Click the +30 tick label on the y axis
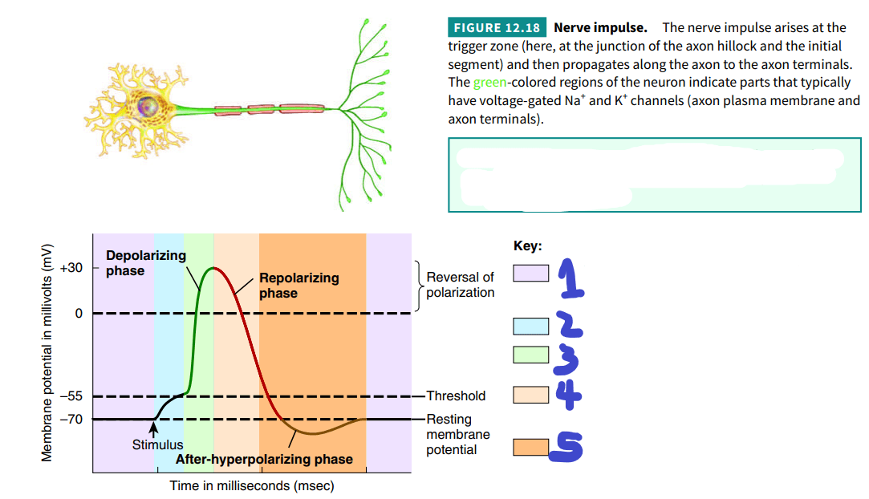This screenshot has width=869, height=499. (71, 268)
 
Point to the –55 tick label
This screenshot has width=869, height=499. (71, 396)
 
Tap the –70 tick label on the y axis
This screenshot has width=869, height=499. (71, 420)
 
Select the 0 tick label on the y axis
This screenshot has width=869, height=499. (79, 314)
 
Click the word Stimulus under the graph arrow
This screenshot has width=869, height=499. (157, 444)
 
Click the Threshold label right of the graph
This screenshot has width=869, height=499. (456, 396)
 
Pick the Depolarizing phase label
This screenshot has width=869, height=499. (146, 263)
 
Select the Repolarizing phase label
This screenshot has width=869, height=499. (299, 286)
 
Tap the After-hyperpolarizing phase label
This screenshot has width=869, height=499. (264, 459)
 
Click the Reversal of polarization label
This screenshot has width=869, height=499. (460, 285)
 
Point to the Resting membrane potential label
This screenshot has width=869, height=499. (458, 434)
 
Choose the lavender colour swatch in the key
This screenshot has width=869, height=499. (531, 273)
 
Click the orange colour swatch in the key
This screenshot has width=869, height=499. (531, 447)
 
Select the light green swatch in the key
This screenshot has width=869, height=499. (531, 355)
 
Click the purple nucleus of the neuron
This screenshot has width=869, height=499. (148, 105)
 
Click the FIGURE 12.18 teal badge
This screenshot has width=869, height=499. (497, 28)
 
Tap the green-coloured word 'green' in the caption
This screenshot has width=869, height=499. (489, 83)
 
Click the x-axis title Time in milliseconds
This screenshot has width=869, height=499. (252, 485)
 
